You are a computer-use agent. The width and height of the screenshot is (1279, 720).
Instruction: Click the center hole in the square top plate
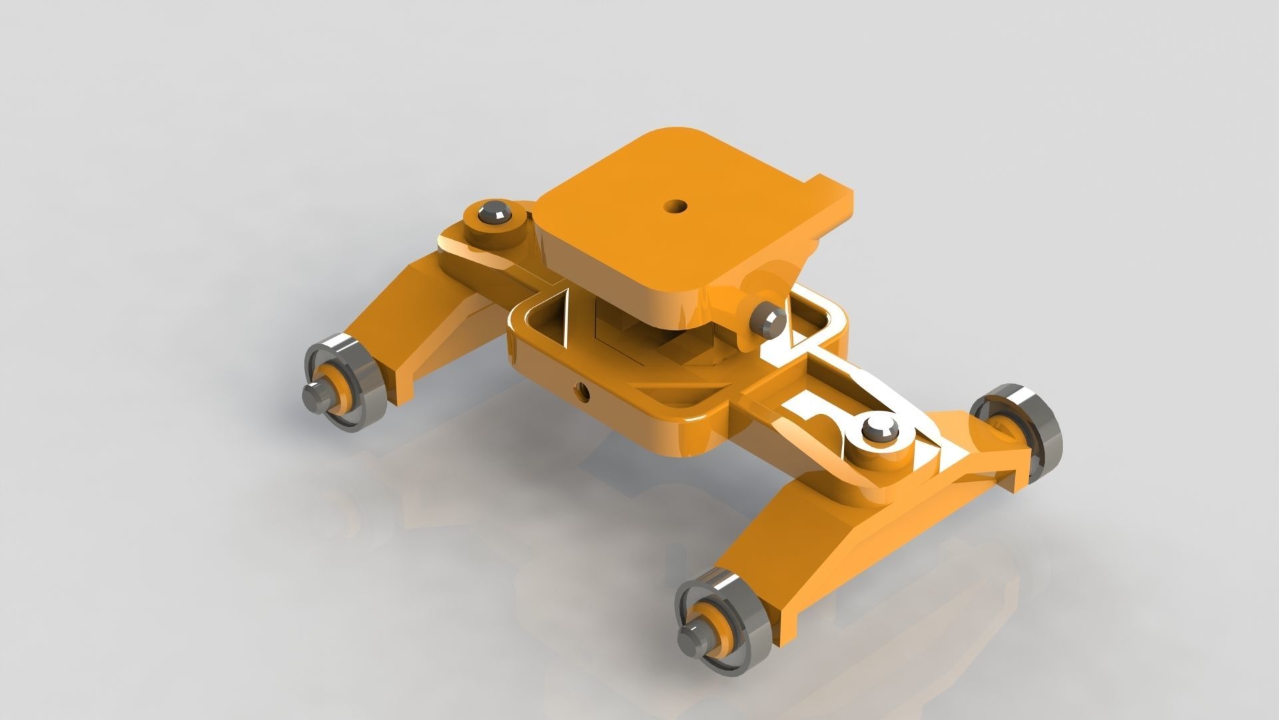677,206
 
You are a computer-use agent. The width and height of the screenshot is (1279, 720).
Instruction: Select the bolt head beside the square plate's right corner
767,321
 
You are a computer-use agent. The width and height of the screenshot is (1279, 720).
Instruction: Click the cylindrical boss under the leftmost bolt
493,230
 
